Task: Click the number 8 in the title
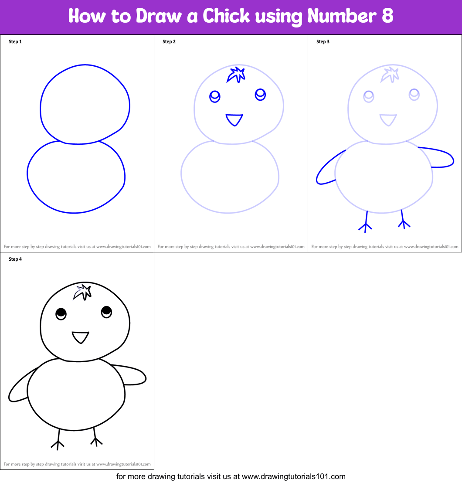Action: click(386, 16)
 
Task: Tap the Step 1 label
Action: click(15, 42)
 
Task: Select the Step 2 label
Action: click(169, 42)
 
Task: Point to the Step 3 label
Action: click(323, 42)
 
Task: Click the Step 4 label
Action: click(15, 259)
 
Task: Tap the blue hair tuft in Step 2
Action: click(236, 75)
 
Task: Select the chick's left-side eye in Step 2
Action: click(214, 96)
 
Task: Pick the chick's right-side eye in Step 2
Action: click(260, 94)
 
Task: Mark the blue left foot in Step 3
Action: click(365, 222)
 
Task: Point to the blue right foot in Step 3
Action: click(403, 220)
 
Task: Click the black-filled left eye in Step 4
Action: click(61, 313)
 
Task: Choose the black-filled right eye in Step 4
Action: click(107, 312)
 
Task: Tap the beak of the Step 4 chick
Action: click(80, 337)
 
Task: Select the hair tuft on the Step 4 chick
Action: click(82, 293)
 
